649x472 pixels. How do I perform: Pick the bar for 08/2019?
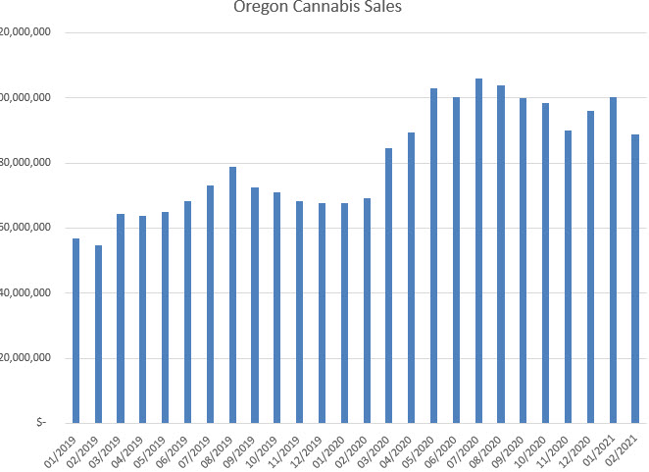[232, 294]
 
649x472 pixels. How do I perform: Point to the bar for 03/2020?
[388, 285]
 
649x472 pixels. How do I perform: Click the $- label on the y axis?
[40, 422]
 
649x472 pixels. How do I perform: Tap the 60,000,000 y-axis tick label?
[25, 228]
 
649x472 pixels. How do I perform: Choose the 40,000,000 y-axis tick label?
[25, 292]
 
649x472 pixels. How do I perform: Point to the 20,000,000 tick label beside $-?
[25, 357]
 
